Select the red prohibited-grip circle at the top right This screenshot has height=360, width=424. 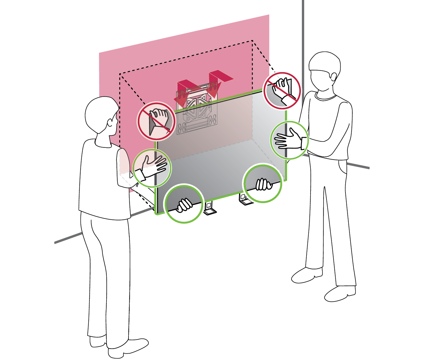click(x=282, y=91)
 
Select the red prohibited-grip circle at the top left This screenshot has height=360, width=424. click(x=156, y=121)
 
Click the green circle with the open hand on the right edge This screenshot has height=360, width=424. click(x=289, y=140)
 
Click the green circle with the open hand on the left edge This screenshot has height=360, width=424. click(x=152, y=168)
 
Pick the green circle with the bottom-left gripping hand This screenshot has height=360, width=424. click(x=184, y=203)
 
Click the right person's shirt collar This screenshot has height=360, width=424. click(x=325, y=97)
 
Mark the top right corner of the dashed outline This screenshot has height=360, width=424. click(x=253, y=41)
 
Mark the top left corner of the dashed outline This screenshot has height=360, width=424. click(x=120, y=74)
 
